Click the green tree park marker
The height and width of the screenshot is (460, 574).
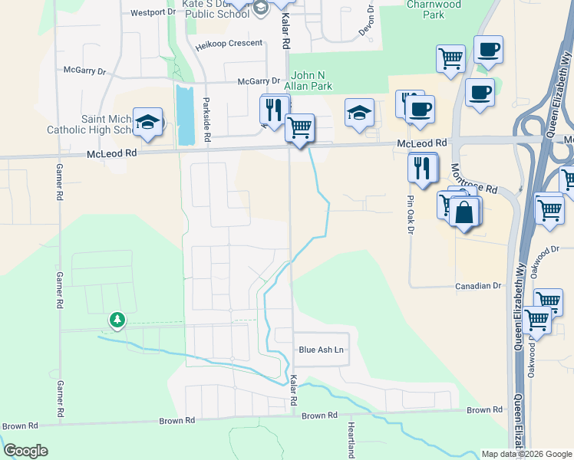pos(117,319)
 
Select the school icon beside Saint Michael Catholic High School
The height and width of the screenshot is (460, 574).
pos(147,123)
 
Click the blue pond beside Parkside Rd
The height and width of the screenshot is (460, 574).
pos(185,115)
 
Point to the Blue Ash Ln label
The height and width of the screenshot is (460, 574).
pos(320,350)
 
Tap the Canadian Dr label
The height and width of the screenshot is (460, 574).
pos(477,286)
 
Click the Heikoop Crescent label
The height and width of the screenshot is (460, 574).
pos(229,44)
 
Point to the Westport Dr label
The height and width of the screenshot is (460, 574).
pos(153,13)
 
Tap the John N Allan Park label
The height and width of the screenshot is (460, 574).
pos(312,80)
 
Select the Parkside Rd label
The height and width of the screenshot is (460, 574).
pos(206,120)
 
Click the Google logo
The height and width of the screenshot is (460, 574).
pos(25,451)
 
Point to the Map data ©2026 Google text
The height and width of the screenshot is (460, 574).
pos(526,454)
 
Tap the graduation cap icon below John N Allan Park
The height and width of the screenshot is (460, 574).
pos(358,112)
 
